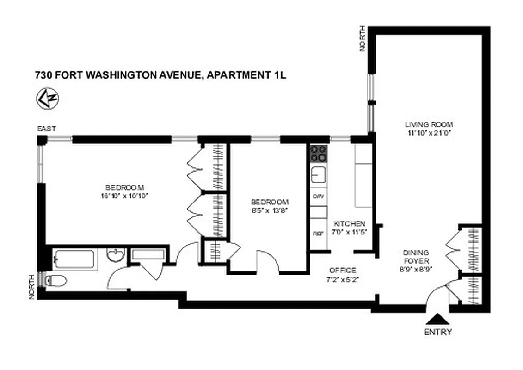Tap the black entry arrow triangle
[x=437, y=319]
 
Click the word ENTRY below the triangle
[x=437, y=332]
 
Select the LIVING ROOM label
[x=429, y=124]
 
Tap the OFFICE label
[x=342, y=270]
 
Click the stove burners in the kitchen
[x=318, y=153]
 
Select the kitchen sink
[x=318, y=175]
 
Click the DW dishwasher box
[x=318, y=196]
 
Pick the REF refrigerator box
[x=318, y=234]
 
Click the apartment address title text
[x=160, y=74]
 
